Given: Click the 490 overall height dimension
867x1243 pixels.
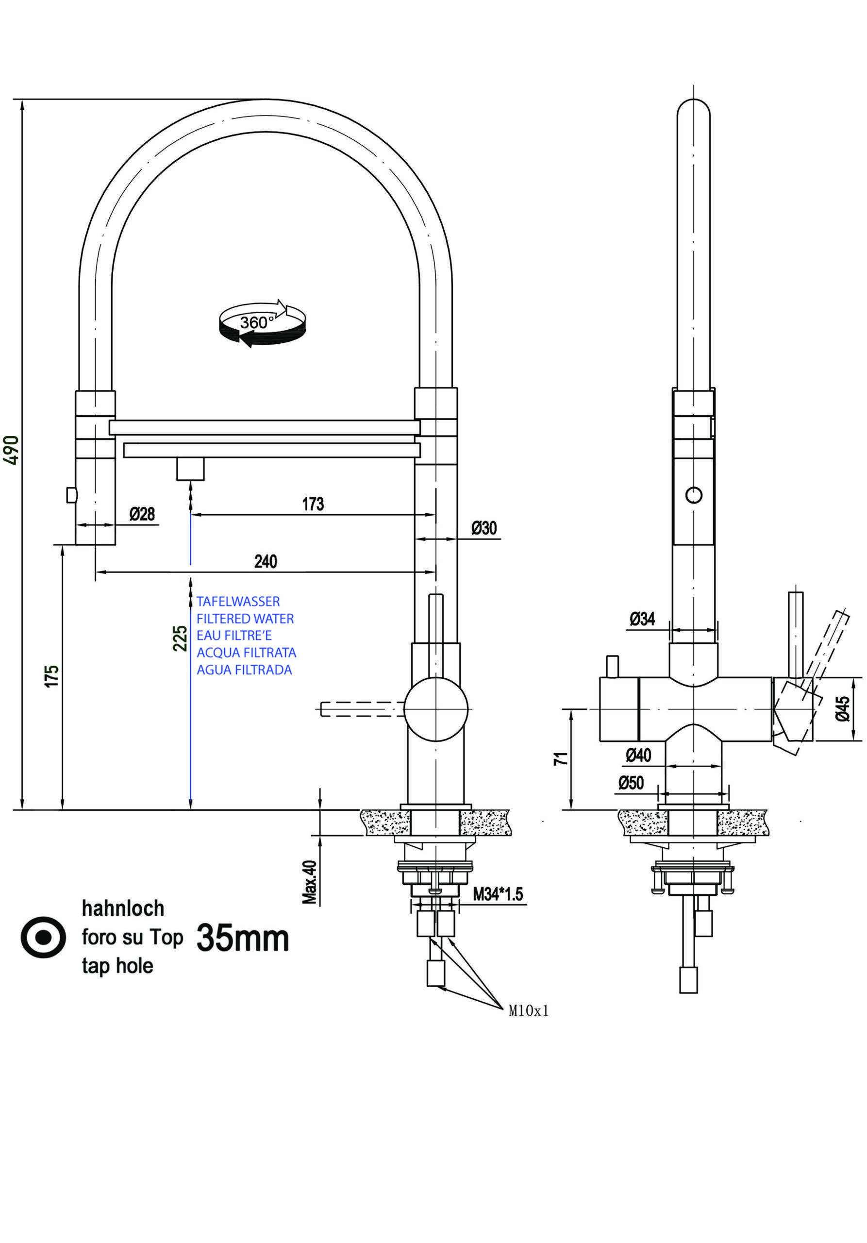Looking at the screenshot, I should coord(12,449).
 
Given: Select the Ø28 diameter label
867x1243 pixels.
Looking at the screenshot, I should coord(142,514).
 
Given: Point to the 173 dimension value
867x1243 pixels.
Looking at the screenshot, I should coord(313,504).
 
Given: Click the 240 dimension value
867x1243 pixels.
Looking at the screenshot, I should coord(266,561).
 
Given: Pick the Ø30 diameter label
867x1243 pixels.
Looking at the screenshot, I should coord(484,528).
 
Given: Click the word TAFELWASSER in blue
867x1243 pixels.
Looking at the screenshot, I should coord(238,602).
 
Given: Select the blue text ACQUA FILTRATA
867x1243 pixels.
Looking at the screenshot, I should coord(246,653).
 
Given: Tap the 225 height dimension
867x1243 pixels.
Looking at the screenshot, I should coord(180,638).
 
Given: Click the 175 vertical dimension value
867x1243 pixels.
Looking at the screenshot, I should coord(51,677).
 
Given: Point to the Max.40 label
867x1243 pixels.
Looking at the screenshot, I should coord(310,882).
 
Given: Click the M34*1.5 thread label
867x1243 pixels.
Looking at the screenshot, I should coord(498,894).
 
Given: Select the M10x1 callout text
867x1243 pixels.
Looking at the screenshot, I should coord(528,1011).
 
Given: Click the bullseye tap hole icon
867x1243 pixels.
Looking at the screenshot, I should coord(43,937).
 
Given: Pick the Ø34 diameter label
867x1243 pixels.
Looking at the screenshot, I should coord(642,618).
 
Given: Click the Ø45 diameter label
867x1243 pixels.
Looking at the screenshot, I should coord(843,709).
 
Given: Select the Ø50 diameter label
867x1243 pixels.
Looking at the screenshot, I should coord(631,782).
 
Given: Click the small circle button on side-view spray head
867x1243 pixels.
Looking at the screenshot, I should coord(694,495).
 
